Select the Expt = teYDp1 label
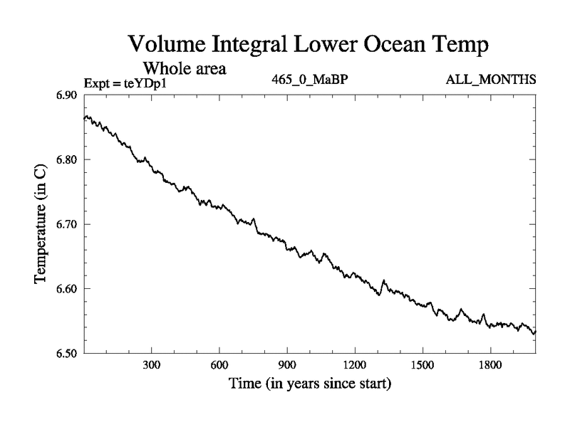(x=129, y=83)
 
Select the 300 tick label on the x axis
(x=151, y=365)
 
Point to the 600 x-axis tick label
(x=219, y=365)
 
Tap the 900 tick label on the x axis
(x=287, y=365)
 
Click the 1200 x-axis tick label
(x=355, y=365)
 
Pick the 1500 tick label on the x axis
(x=423, y=365)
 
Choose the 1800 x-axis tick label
(x=490, y=365)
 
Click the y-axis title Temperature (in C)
(x=41, y=223)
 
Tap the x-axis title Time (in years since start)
(x=310, y=385)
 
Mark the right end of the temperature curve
(x=535, y=332)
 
